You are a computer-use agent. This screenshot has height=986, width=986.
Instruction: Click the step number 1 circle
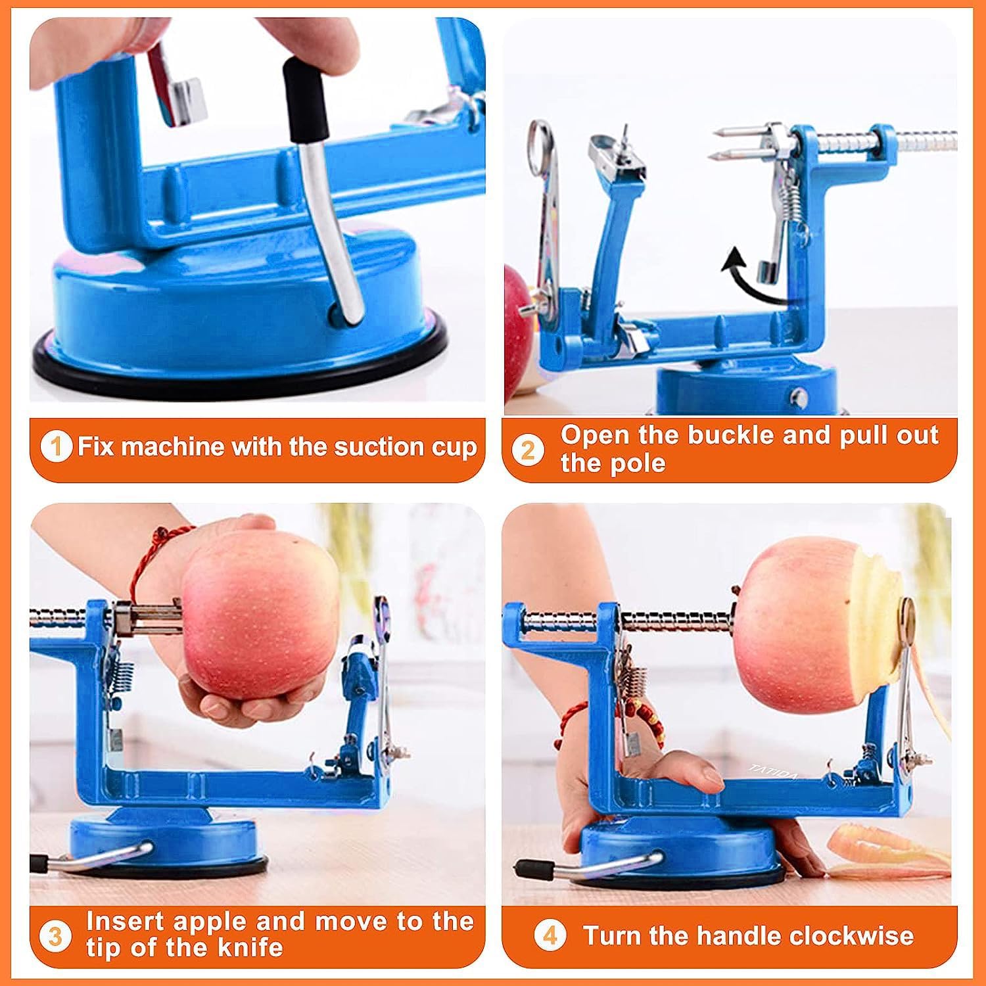click(x=57, y=448)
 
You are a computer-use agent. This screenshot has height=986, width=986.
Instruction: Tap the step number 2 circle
click(x=528, y=451)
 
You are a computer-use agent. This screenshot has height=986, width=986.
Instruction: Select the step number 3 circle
click(x=56, y=936)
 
